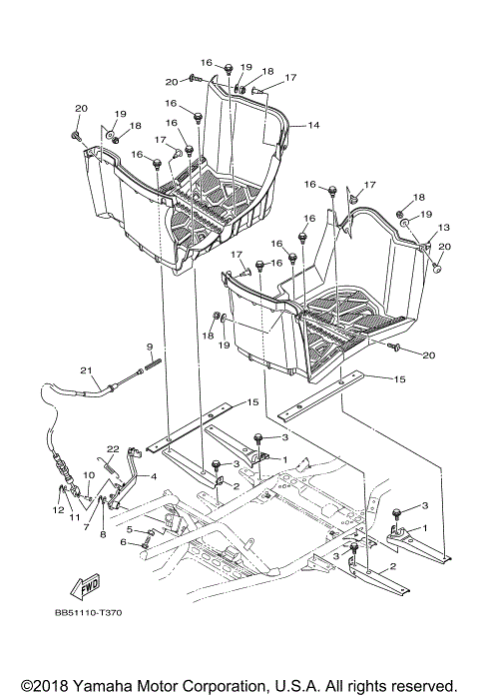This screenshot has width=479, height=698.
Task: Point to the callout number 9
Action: pos(149,347)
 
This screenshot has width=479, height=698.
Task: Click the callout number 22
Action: pos(114,448)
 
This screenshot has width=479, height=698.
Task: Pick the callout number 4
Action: pos(153,477)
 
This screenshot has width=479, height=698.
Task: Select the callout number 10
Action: pos(87,474)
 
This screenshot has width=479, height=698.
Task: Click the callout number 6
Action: pos(124,542)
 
